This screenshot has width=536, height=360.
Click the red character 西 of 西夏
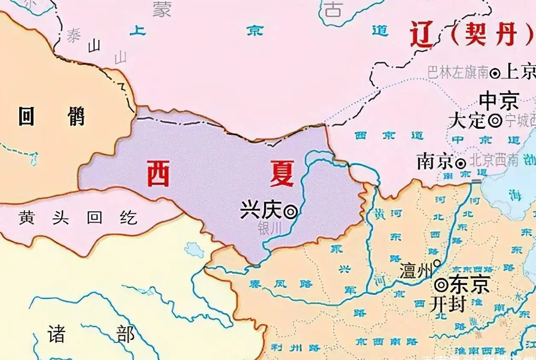pyautogui.click(x=158, y=174)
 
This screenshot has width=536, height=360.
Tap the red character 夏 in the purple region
pyautogui.click(x=282, y=174)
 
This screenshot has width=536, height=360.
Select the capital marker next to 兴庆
pyautogui.click(x=291, y=211)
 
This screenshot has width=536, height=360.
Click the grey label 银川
pyautogui.click(x=270, y=229)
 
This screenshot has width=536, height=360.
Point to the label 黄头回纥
pyautogui.click(x=78, y=218)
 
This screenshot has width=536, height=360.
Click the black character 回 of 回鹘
pyautogui.click(x=27, y=116)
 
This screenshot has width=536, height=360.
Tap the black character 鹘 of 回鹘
pyautogui.click(x=76, y=116)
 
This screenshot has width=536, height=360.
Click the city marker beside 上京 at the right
pyautogui.click(x=495, y=73)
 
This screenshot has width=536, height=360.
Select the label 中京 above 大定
pyautogui.click(x=499, y=101)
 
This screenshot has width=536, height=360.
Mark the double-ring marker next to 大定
pyautogui.click(x=495, y=121)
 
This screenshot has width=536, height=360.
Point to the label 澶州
pyautogui.click(x=416, y=271)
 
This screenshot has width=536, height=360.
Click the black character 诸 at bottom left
pyautogui.click(x=57, y=334)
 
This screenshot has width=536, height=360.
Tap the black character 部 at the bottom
pyautogui.click(x=126, y=334)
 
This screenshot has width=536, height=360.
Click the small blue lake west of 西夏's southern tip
pyautogui.click(x=194, y=250)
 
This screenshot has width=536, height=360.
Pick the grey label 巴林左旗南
pyautogui.click(x=458, y=73)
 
